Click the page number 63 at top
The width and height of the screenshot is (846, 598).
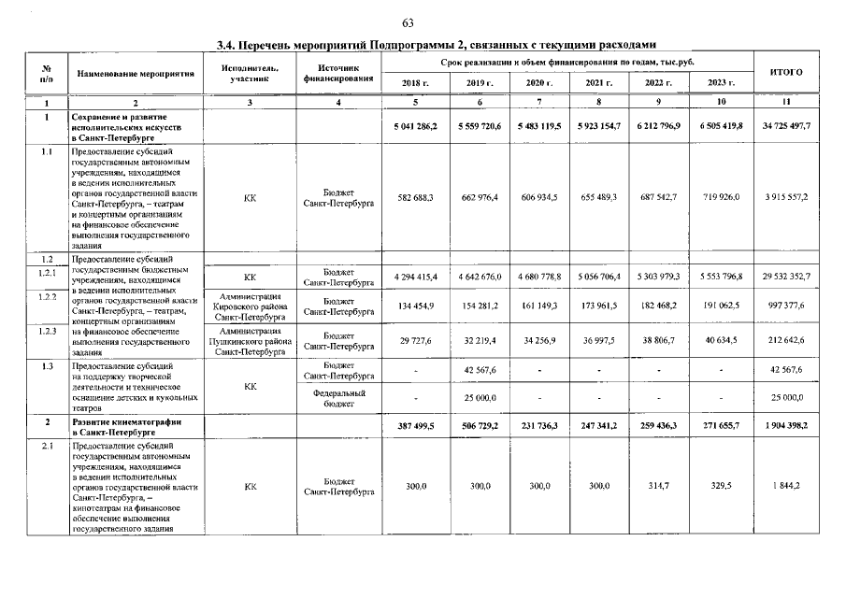[x=408, y=23]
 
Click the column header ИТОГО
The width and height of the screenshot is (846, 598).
[x=785, y=72]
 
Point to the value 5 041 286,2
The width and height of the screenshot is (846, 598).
[x=415, y=125]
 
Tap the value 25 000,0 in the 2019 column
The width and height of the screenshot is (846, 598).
[x=479, y=400]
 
